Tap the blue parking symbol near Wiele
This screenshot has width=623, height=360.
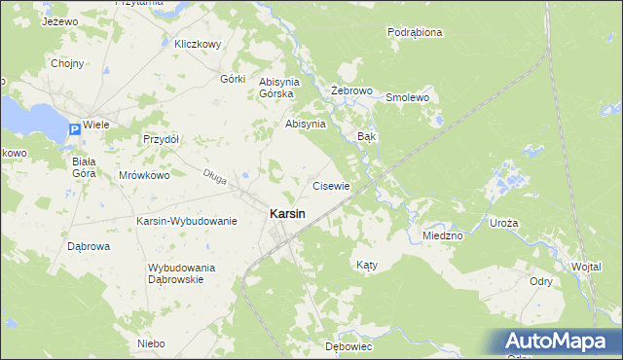coord(75,129)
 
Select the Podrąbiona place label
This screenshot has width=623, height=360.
coord(415,32)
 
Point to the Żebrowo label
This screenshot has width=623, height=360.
coord(352,90)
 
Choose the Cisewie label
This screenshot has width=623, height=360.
coord(331,185)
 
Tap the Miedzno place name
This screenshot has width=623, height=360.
coord(443,235)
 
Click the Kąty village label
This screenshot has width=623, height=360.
coord(366,264)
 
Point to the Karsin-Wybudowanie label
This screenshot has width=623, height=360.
coord(187,221)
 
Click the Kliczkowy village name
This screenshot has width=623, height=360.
coord(199,44)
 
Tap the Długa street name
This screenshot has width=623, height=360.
coord(214,175)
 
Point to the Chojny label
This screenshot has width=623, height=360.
coord(67,63)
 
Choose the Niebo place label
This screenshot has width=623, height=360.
coord(151,343)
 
